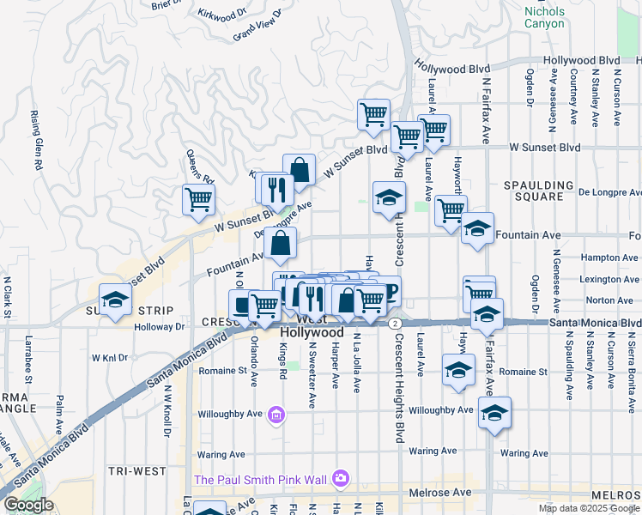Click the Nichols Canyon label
(544, 17)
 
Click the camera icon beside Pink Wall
(341, 477)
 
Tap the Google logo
(27, 505)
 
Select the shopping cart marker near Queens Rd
(198, 199)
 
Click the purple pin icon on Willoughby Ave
(276, 416)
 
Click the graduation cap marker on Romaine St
(458, 371)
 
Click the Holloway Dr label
(160, 326)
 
